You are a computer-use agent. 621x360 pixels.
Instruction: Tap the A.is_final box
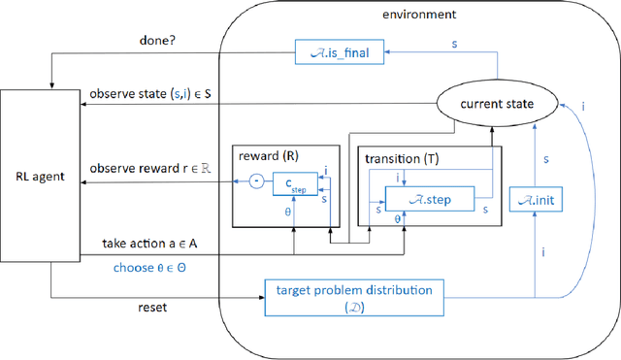coord(340,48)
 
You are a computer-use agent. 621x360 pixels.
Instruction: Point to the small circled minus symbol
coord(256,181)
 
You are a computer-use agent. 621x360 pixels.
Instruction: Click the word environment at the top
coord(420,14)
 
